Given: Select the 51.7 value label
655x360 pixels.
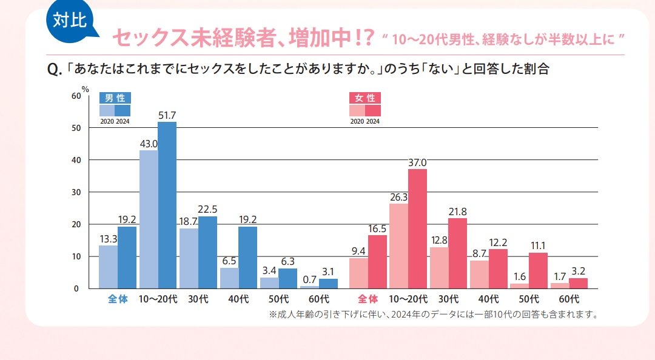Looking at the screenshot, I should [167, 115].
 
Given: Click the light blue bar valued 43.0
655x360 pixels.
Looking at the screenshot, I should [149, 219].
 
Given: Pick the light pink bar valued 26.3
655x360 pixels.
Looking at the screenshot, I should [398, 245].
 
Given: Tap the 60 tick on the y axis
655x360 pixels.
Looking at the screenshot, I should [76, 96].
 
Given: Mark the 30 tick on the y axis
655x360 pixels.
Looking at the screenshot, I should [76, 192].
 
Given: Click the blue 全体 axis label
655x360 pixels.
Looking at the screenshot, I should [118, 299].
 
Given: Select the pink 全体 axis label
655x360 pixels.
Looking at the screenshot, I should [368, 299].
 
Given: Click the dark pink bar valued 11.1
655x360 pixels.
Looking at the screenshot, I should [538, 270].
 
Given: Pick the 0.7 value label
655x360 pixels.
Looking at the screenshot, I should [310, 279].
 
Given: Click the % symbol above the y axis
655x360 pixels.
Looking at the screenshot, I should [85, 89].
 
